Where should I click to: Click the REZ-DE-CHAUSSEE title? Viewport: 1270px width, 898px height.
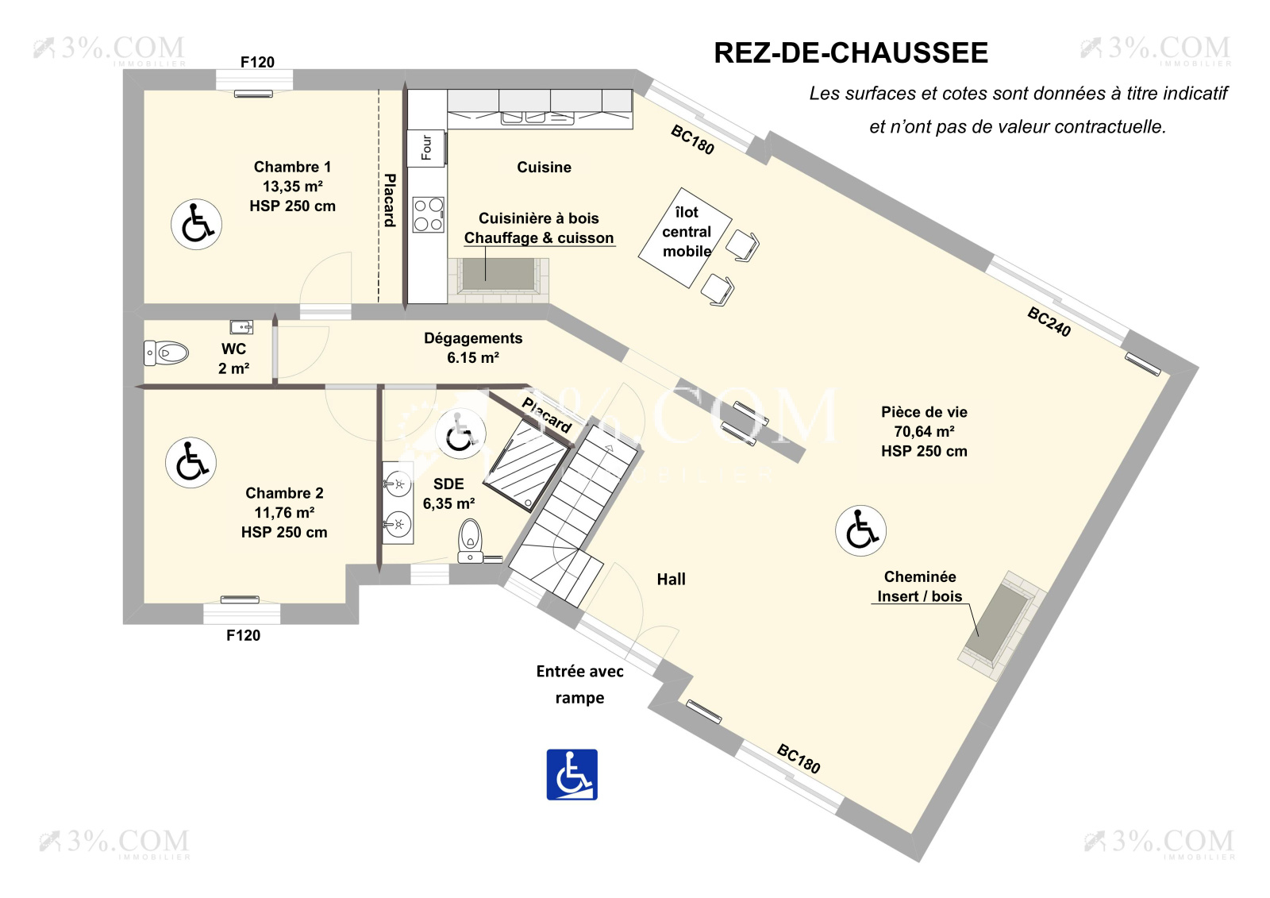tap(850, 53)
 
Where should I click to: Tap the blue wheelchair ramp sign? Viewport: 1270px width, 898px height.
tap(571, 774)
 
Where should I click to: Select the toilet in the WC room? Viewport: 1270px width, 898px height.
tap(167, 353)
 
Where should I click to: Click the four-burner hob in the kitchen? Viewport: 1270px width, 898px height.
tap(428, 214)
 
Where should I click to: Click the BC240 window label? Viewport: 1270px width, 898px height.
tap(1049, 322)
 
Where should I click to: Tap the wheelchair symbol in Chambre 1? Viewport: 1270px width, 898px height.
tap(196, 225)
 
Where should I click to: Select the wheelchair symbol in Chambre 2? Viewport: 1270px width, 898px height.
tap(190, 462)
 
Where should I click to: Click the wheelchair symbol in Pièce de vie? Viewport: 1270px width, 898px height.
tap(860, 530)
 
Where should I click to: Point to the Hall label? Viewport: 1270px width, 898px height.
tap(671, 580)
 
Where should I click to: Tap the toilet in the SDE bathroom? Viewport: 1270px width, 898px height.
tap(471, 540)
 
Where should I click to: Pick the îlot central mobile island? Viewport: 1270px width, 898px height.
tap(686, 236)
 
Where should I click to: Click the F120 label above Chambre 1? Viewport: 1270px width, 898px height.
tap(257, 62)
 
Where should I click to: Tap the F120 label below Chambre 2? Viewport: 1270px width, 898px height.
tap(243, 635)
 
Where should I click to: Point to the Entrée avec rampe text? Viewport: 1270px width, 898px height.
tap(579, 684)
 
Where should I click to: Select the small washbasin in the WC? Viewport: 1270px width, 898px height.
tap(241, 326)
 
